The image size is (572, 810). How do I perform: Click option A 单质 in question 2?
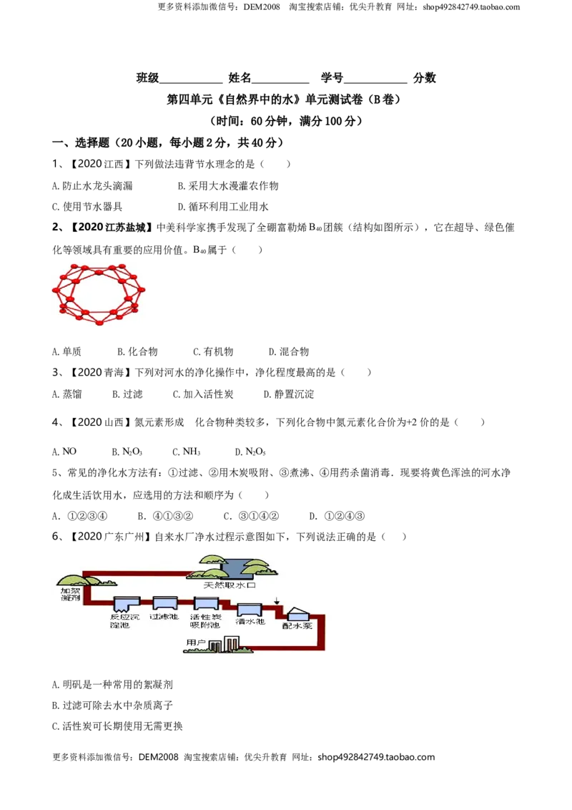click(x=66, y=352)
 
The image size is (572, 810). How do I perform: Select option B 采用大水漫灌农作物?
click(x=228, y=186)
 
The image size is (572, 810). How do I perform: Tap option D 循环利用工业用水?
click(x=223, y=207)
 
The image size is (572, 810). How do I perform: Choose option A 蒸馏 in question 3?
click(x=67, y=394)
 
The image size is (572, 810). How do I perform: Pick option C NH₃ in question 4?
click(x=187, y=452)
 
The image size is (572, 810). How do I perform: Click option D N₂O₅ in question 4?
click(x=250, y=452)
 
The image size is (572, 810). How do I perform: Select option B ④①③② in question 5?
click(x=165, y=516)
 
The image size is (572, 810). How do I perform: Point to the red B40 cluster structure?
click(x=99, y=294)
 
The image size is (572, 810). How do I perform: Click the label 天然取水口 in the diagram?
click(x=230, y=585)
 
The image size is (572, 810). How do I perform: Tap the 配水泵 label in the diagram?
click(x=297, y=625)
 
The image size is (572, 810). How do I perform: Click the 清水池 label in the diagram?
click(x=250, y=621)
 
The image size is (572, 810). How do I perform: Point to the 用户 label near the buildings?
click(x=196, y=643)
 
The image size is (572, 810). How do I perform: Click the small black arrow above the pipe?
click(x=277, y=601)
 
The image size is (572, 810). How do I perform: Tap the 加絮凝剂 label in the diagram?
click(x=70, y=594)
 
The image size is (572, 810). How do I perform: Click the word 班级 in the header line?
click(x=147, y=78)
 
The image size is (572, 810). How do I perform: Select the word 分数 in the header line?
click(x=425, y=78)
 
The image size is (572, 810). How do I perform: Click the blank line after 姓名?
click(x=280, y=83)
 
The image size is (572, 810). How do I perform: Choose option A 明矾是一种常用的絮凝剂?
click(x=112, y=685)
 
